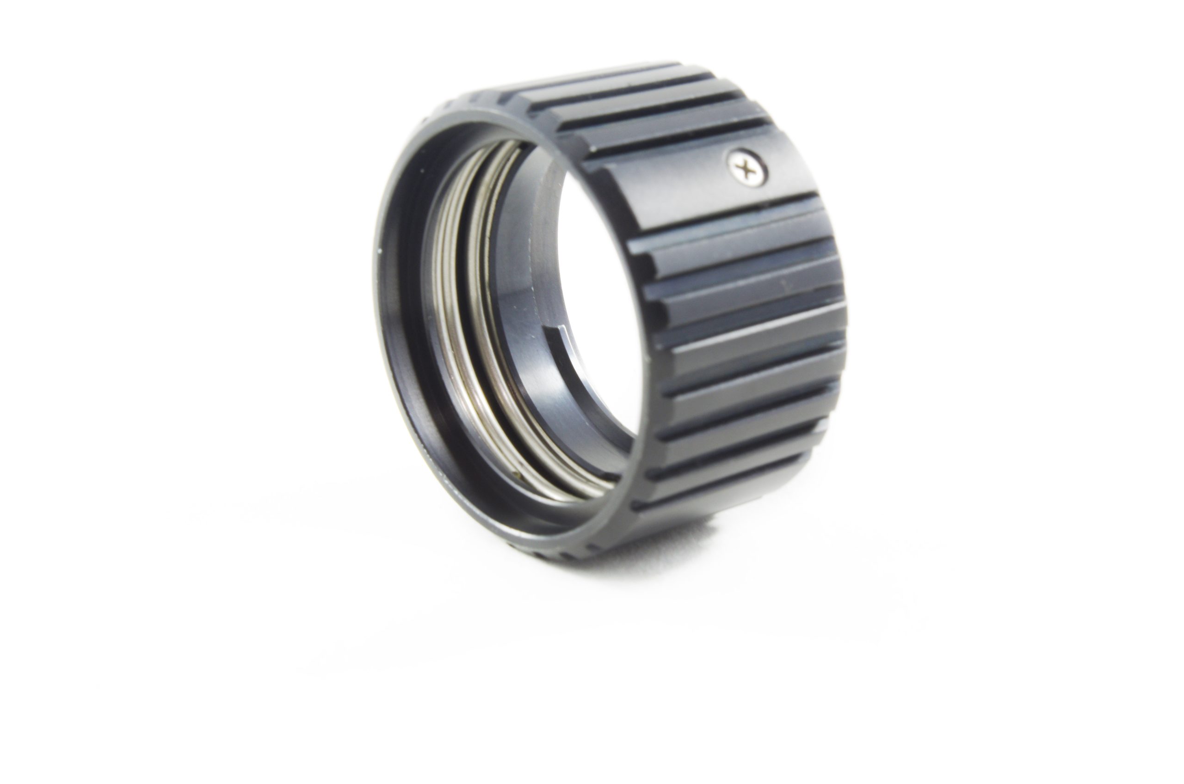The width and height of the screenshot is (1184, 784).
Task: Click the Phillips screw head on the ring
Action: pos(747,171)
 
